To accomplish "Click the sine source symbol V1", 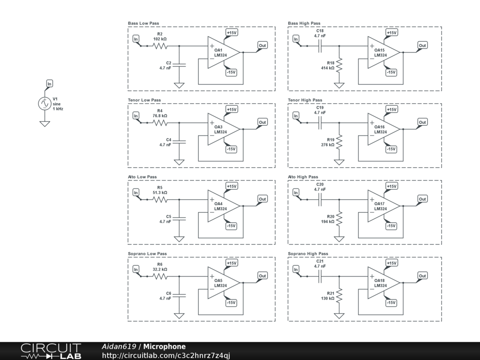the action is (x=45, y=104).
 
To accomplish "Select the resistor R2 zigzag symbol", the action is (x=160, y=46).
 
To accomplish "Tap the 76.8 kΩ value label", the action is (x=160, y=116).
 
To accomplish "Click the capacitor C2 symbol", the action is (x=179, y=65).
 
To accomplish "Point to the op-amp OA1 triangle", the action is (x=224, y=52).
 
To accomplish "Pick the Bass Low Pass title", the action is (x=143, y=23).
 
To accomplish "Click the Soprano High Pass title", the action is (x=308, y=254).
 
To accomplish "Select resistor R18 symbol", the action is (x=339, y=65).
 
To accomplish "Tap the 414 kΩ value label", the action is (x=328, y=68).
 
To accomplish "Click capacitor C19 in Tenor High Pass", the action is (x=320, y=123).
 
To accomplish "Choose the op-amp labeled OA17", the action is (x=383, y=206).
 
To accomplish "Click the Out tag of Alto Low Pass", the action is (x=262, y=199).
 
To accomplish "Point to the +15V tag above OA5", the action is (x=232, y=263).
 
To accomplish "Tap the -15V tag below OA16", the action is (x=391, y=149).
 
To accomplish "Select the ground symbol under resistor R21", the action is (x=339, y=315).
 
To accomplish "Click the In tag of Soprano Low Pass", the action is (x=135, y=270).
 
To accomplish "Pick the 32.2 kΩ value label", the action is (x=160, y=270).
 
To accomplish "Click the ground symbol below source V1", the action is (x=45, y=124).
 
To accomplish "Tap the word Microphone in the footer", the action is (x=165, y=346).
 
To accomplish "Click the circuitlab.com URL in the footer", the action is (x=166, y=355).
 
